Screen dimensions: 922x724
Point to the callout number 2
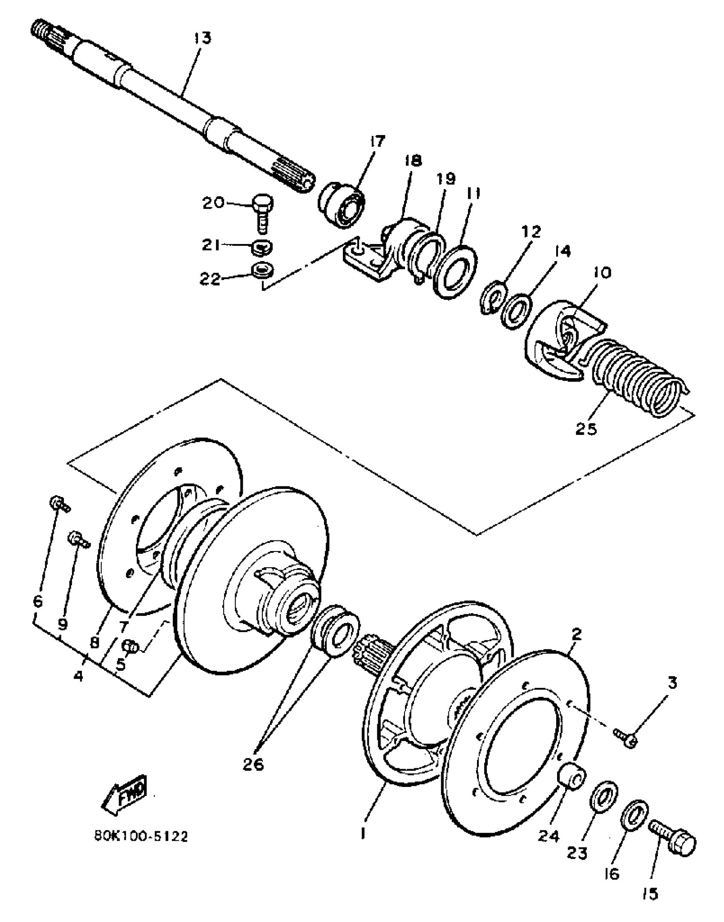[x=576, y=646]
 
